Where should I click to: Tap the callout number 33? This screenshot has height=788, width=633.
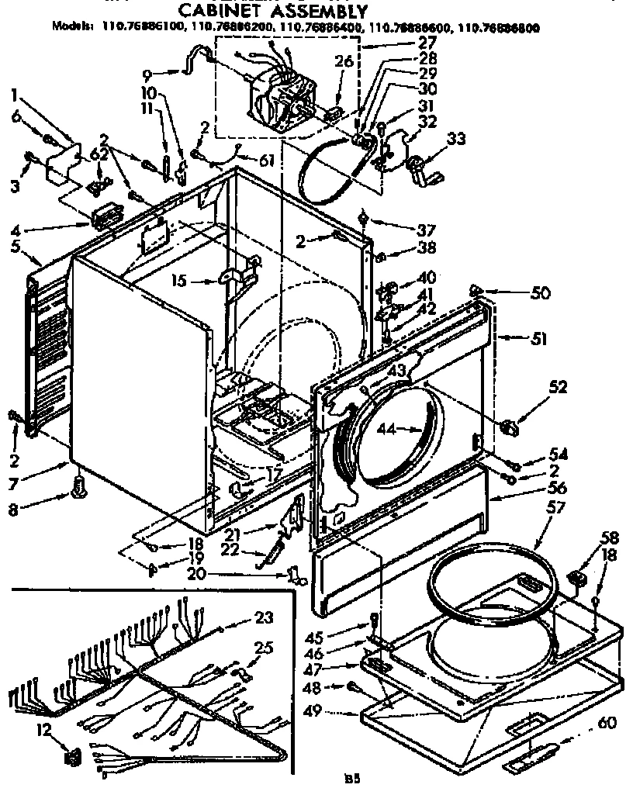point(457,140)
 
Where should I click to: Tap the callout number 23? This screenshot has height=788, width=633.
point(265,617)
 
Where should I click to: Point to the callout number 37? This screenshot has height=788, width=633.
point(404,230)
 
